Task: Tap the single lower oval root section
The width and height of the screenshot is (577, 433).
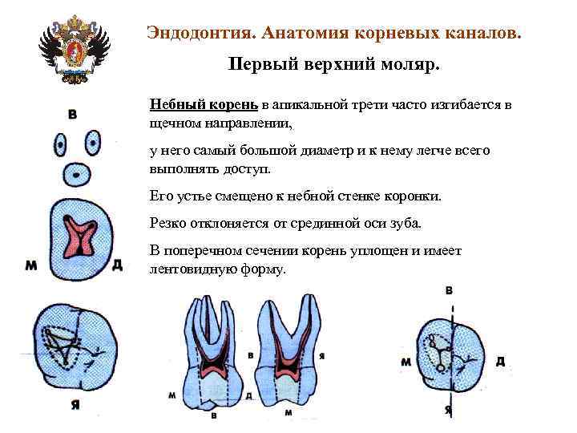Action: (76, 173)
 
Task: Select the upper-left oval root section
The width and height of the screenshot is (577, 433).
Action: (60, 145)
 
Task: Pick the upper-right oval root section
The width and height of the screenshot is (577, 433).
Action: (92, 144)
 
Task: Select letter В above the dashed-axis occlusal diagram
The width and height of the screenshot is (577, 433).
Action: (450, 289)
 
